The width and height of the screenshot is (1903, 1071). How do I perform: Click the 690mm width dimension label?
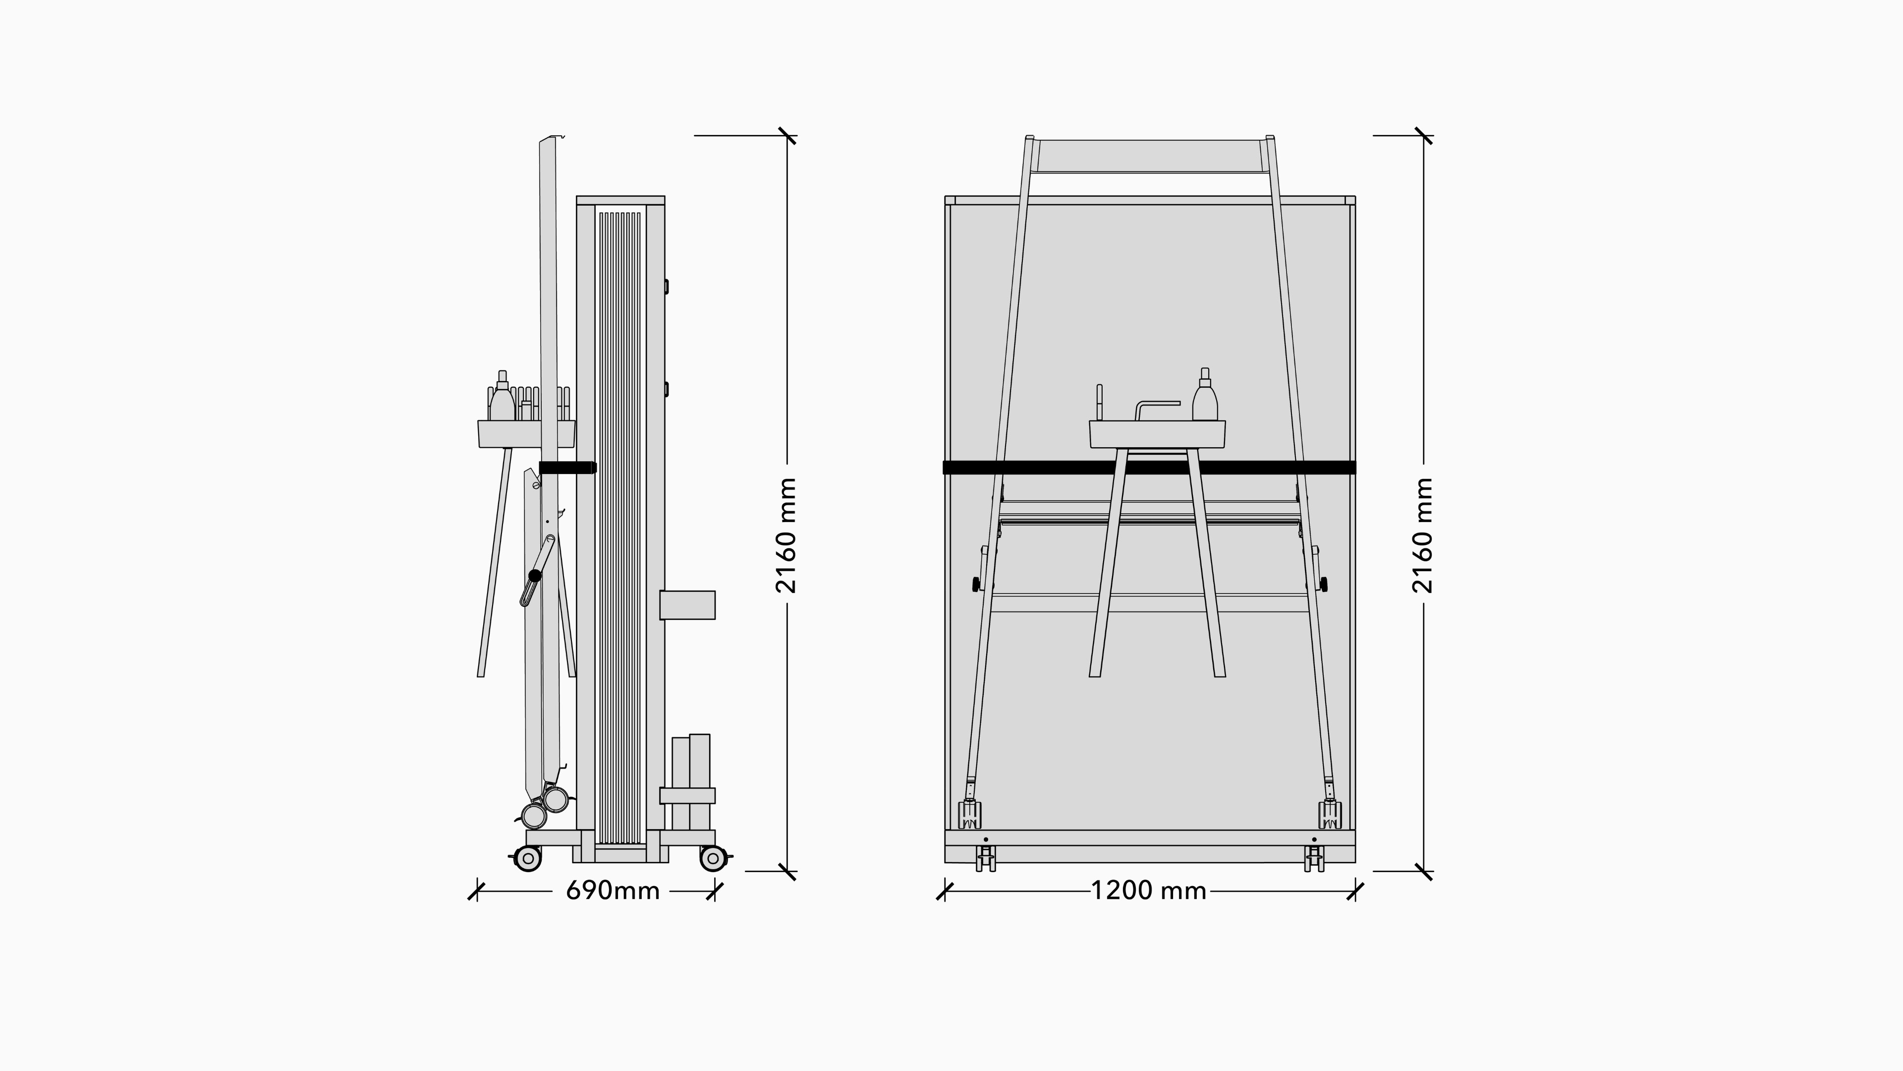coord(613,891)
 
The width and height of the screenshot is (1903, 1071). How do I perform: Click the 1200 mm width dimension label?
coord(1149,891)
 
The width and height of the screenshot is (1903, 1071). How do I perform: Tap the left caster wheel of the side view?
coord(527,858)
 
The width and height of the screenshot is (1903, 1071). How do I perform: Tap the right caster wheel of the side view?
coord(713,858)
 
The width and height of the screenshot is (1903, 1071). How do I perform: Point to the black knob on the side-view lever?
coord(535,575)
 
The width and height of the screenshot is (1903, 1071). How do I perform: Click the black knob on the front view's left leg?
coord(976,585)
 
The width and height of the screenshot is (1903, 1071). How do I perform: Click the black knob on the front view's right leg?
coord(1323,585)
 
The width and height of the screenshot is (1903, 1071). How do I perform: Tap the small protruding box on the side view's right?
coord(687,604)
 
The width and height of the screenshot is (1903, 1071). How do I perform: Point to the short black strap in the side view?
coord(567,467)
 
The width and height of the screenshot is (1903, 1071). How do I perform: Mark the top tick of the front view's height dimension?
coord(1424,136)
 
